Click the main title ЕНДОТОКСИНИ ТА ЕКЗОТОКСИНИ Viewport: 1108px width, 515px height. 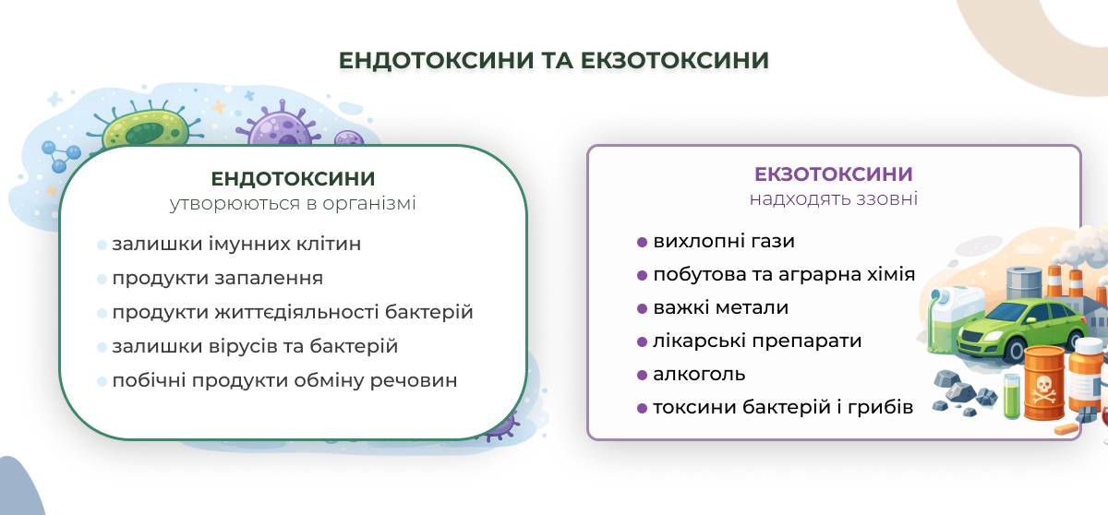pos(553,60)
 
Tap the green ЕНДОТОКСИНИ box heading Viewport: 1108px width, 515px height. pos(293,179)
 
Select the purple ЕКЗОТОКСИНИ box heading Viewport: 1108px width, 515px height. pos(834,174)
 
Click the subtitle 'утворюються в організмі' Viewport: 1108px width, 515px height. pos(293,204)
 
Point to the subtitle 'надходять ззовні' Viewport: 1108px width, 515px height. pos(834,198)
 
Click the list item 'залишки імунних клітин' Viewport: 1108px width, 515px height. pos(236,245)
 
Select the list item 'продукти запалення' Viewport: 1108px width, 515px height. pos(218,278)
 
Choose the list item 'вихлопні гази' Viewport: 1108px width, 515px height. pos(724,242)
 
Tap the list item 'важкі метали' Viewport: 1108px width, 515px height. pos(721,308)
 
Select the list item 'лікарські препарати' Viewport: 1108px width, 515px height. pos(757,341)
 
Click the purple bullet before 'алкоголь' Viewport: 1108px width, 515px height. pos(642,375)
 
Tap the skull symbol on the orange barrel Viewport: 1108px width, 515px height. pos(1043,390)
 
